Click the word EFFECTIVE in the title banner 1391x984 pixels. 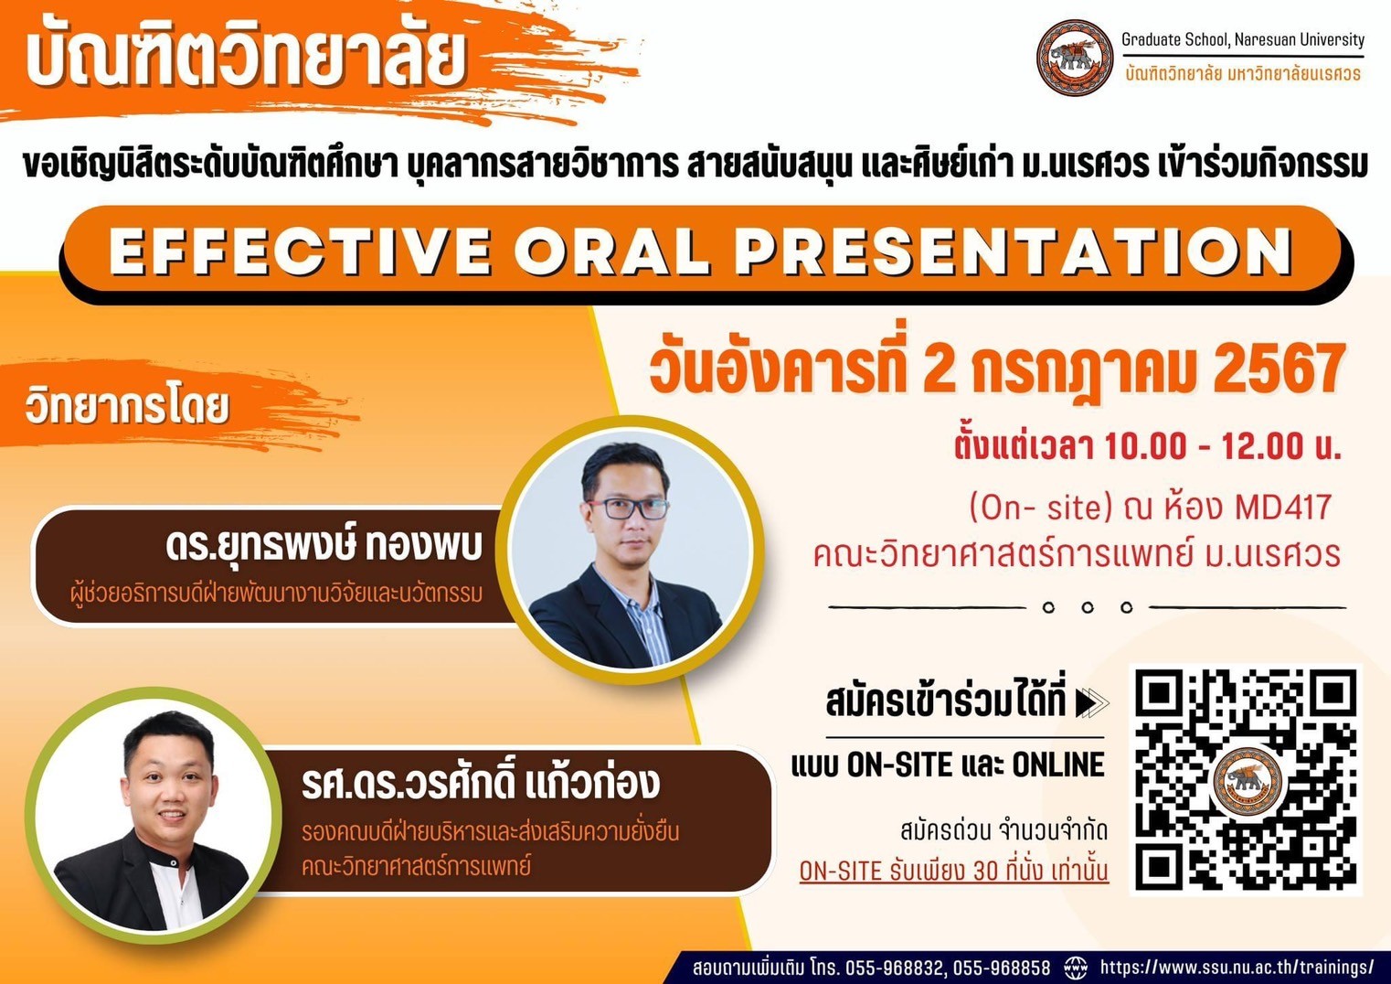coord(298,251)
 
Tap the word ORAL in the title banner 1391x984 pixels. coord(612,251)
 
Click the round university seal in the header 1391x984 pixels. coord(1075,57)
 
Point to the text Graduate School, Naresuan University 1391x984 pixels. coord(1243,39)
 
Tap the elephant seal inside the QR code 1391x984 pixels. coord(1247,782)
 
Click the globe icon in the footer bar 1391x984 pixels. coord(1076,967)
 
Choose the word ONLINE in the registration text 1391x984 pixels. coord(1058,765)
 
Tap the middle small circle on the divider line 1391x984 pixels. coord(1087,607)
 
